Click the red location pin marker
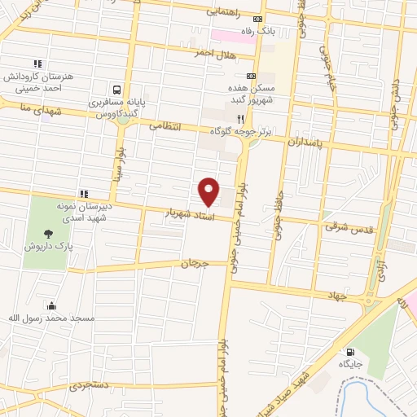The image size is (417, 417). (x=209, y=191)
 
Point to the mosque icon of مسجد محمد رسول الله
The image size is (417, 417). (x=53, y=306)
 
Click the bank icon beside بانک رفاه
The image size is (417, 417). (x=258, y=20)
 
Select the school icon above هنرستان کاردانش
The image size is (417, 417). (x=37, y=63)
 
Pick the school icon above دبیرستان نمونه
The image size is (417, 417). (x=83, y=194)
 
